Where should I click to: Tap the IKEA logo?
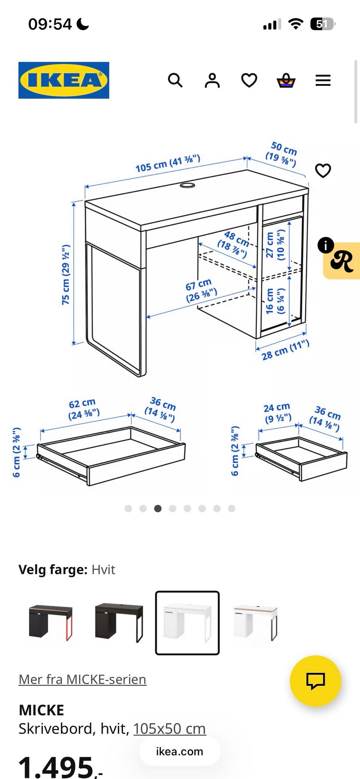tap(64, 80)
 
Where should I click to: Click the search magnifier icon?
tap(175, 80)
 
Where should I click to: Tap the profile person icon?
tap(212, 80)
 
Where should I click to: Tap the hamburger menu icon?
tap(323, 80)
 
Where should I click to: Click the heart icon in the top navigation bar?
tap(249, 80)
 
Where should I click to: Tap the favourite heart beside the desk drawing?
tap(323, 171)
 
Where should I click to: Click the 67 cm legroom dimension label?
tap(201, 290)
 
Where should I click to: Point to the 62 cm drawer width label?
tap(84, 409)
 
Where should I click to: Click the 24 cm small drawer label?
tap(277, 412)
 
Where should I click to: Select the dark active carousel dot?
tap(158, 508)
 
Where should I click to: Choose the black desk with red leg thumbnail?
tap(51, 623)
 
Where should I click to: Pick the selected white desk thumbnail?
tap(187, 623)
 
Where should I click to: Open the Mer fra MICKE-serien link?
tap(82, 679)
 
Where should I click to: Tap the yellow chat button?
tap(315, 681)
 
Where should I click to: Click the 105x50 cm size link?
tap(169, 729)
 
